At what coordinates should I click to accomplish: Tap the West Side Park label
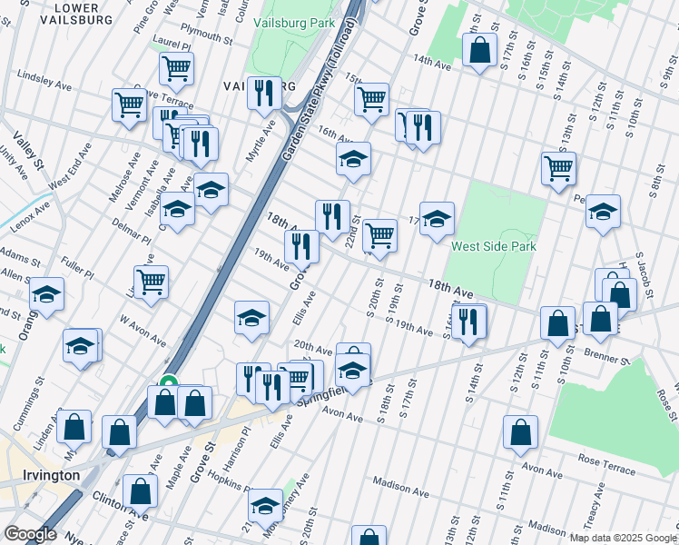494,246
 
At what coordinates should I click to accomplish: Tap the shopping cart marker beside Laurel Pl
176,66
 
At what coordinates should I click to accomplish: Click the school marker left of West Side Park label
437,218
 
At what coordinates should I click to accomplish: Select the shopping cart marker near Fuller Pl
151,280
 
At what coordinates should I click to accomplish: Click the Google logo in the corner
30,534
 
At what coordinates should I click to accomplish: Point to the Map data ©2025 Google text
623,538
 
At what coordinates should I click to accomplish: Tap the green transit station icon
168,384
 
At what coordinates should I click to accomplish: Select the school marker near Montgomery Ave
266,504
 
